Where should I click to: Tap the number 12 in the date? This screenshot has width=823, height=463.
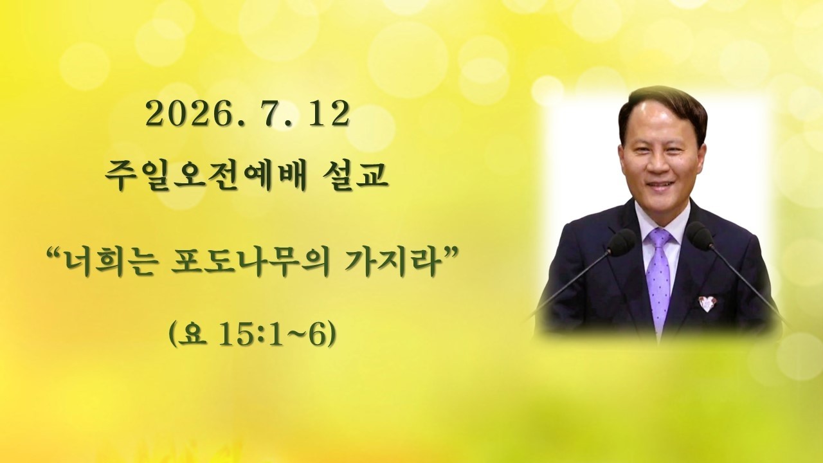[x=328, y=114]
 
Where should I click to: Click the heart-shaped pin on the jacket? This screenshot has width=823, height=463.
[x=708, y=302]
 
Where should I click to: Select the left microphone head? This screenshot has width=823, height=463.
[x=621, y=240]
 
